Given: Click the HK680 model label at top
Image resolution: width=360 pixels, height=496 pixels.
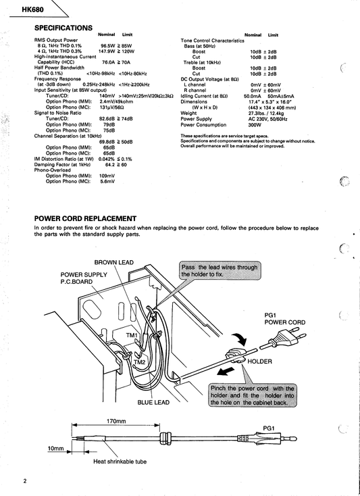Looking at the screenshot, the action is pyautogui.click(x=33, y=10).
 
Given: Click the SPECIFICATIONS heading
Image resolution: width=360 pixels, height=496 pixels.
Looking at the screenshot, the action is pyautogui.click(x=63, y=28).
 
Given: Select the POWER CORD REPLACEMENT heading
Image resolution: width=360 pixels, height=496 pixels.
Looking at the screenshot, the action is pyautogui.click(x=85, y=218).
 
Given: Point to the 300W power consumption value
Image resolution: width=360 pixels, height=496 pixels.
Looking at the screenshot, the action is pyautogui.click(x=255, y=125).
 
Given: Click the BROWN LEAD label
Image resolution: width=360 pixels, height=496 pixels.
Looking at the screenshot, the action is pyautogui.click(x=113, y=263).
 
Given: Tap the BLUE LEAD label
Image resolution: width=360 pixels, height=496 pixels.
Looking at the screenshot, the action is pyautogui.click(x=153, y=402).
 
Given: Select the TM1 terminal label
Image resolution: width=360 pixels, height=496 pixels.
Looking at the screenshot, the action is pyautogui.click(x=132, y=335).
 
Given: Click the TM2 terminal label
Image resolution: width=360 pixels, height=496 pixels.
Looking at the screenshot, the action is pyautogui.click(x=139, y=362).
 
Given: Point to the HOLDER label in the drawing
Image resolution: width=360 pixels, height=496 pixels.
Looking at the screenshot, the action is pyautogui.click(x=259, y=362).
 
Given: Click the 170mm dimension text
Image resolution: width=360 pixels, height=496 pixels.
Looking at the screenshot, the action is pyautogui.click(x=116, y=421).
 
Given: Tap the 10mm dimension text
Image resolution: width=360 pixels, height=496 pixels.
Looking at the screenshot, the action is pyautogui.click(x=55, y=449).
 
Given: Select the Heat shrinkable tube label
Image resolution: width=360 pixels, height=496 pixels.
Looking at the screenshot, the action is pyautogui.click(x=120, y=462).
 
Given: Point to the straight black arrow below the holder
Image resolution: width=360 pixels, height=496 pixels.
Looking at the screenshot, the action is pyautogui.click(x=226, y=371).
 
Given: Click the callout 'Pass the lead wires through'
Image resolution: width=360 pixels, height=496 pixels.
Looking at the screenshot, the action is pyautogui.click(x=220, y=268).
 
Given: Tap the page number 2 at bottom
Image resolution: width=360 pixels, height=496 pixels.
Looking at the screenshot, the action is pyautogui.click(x=25, y=481).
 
